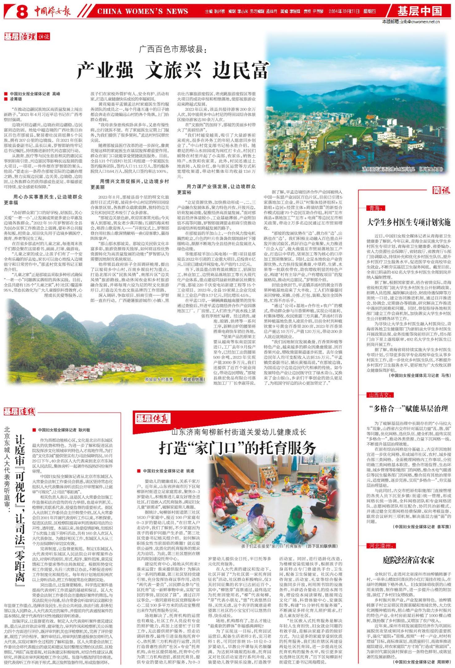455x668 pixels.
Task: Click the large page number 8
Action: coord(23,12)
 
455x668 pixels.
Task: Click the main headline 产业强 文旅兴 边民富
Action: coord(172,70)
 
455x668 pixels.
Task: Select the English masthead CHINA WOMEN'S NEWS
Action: coord(142,12)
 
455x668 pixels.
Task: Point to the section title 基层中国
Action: coord(419,11)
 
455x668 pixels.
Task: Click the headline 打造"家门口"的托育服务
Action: coord(237,447)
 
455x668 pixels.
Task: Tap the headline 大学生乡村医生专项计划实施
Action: coord(409,222)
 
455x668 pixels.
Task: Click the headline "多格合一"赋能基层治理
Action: coord(409,409)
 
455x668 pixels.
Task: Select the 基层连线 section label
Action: coord(19,411)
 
